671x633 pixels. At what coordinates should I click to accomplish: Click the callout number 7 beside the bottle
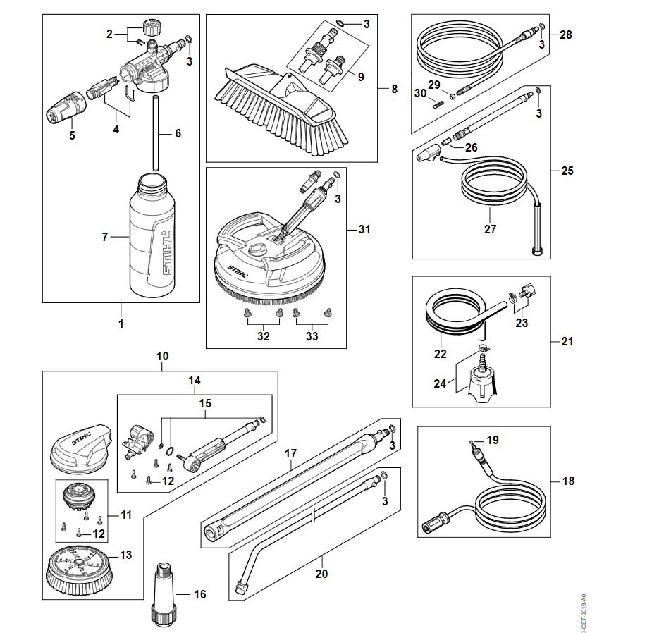105,237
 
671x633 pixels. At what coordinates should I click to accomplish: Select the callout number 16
200,594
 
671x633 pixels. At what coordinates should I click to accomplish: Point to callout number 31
364,229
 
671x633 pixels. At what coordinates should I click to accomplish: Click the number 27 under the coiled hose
491,228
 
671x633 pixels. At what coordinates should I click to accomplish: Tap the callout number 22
440,354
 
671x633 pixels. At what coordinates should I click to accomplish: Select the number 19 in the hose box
493,440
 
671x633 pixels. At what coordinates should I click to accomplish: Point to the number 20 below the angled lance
321,574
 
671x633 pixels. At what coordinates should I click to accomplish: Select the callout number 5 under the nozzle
72,135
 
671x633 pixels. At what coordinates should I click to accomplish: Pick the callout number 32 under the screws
263,336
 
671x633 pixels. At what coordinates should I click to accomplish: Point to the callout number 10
163,356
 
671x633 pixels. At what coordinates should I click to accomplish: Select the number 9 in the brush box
361,76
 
